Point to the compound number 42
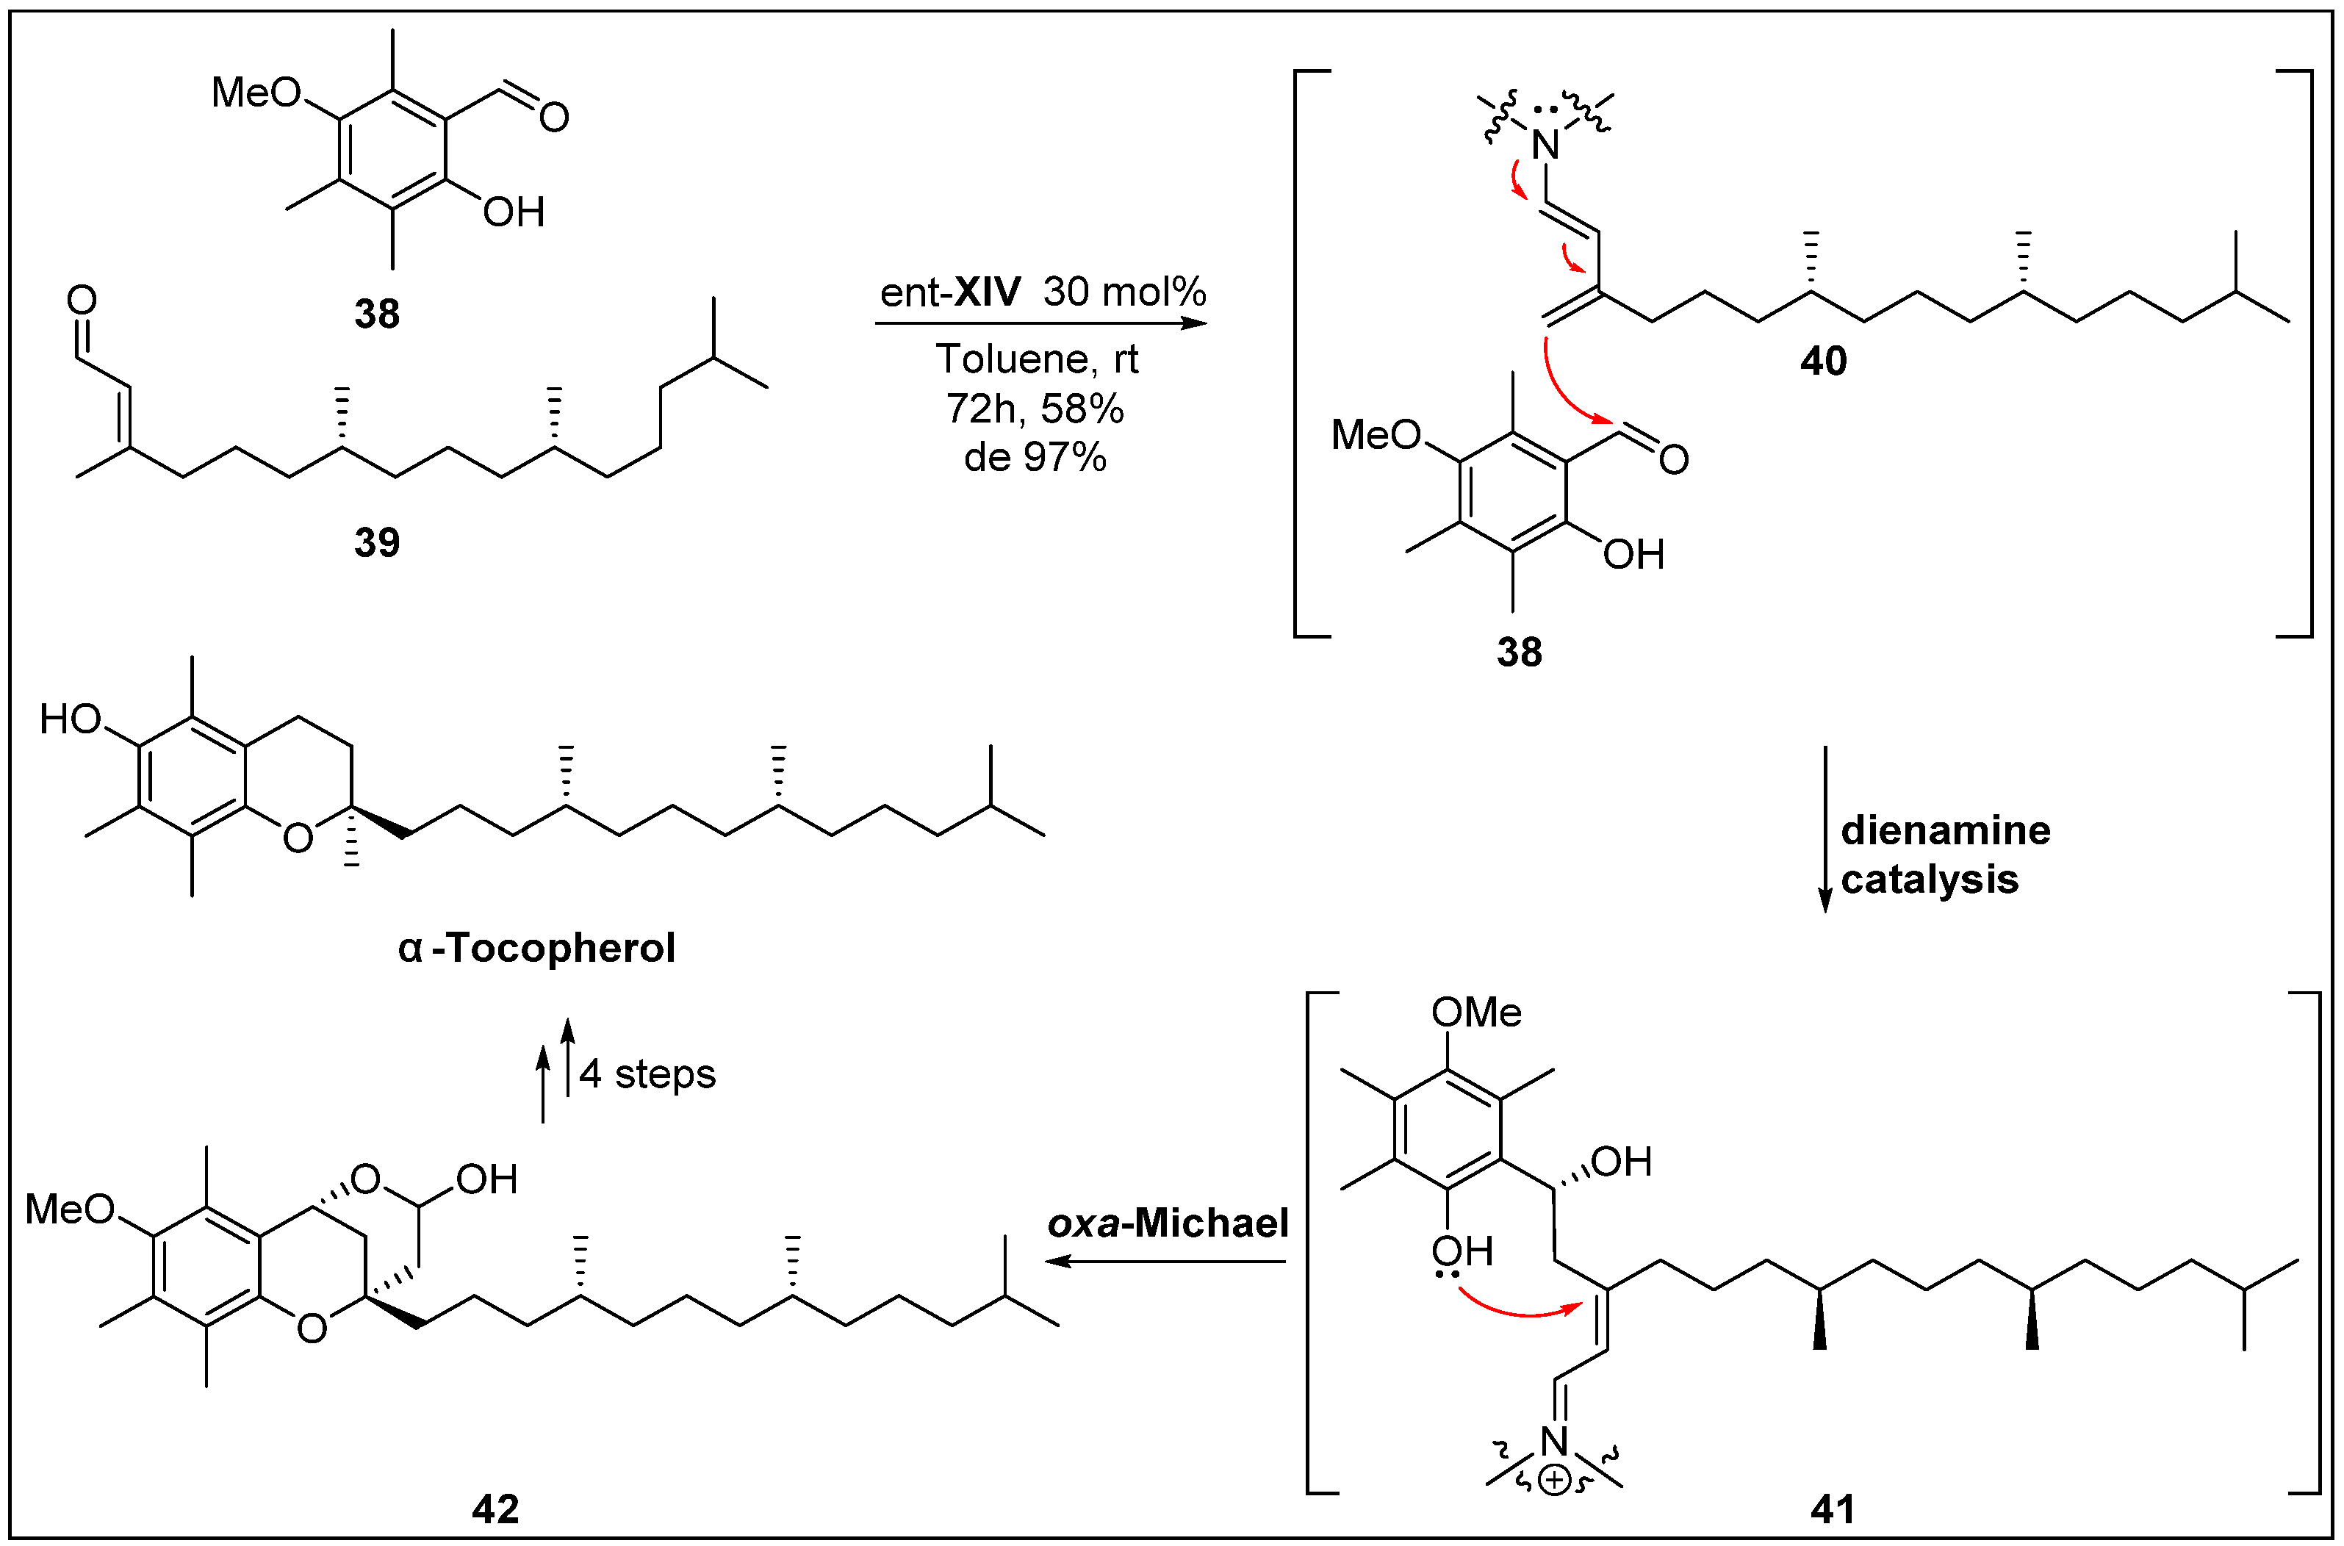[495, 1509]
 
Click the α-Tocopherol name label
[537, 949]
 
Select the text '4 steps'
[647, 1074]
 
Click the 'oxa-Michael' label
[1168, 1223]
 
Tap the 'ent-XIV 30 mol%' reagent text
[1043, 292]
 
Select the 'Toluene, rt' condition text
[1037, 359]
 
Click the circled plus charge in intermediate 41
[1554, 1481]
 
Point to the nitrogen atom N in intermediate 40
[1545, 146]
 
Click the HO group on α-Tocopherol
[71, 720]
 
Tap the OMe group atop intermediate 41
[1475, 1013]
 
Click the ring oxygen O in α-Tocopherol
[298, 838]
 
